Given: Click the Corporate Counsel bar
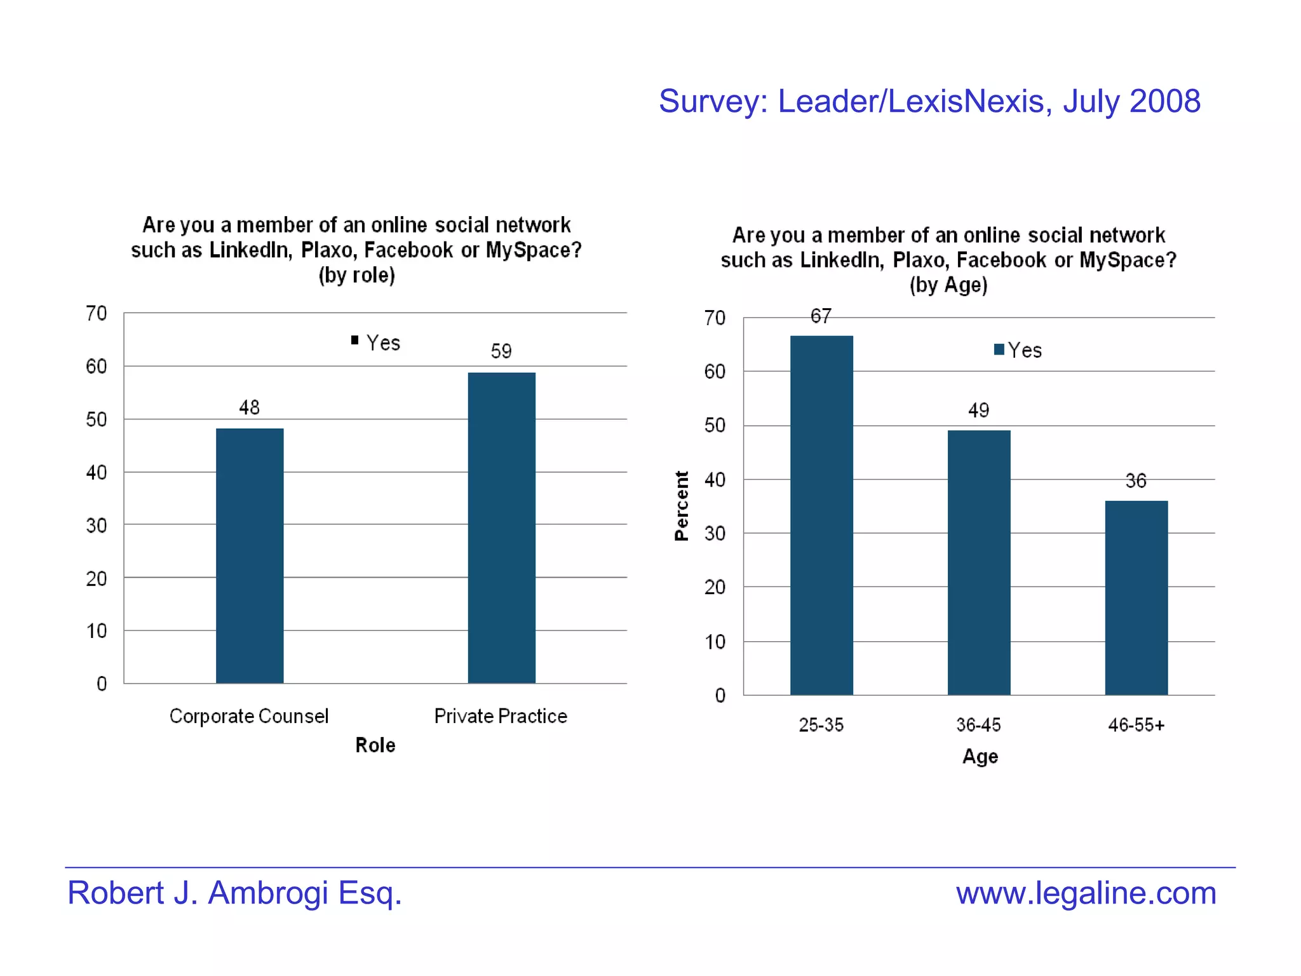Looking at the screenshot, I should tap(250, 556).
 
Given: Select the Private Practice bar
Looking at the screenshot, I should tap(501, 527).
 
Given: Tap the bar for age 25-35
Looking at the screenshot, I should tap(821, 515).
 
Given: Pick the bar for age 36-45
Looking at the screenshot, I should tap(979, 562).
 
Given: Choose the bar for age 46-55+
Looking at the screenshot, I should tap(1136, 597).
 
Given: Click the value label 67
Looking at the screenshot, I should tap(821, 316).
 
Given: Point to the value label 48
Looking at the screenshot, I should tap(249, 407).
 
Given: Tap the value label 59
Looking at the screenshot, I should tap(501, 351).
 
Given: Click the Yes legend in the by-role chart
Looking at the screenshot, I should tap(376, 342).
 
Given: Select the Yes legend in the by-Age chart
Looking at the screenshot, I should tap(1018, 350).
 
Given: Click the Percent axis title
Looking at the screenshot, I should tap(681, 506).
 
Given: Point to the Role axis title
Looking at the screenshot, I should tap(375, 745).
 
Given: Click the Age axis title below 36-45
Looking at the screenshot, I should tap(980, 756).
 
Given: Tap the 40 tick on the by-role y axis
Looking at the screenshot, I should tap(97, 472).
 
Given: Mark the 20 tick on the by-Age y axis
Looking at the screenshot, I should tap(715, 587).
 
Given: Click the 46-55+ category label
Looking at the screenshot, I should tap(1136, 725).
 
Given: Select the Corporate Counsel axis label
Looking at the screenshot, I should tap(249, 716).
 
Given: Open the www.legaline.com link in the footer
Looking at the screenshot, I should tap(1086, 893).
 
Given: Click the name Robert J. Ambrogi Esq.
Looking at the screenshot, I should tap(234, 893).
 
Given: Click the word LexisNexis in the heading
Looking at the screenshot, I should tap(966, 102).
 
